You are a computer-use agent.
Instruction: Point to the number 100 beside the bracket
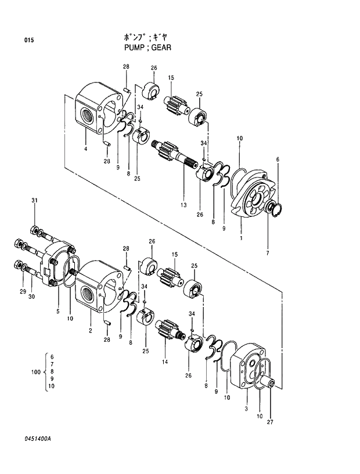tap(35, 371)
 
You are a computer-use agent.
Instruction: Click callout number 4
tap(85, 149)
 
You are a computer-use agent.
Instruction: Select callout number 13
tap(183, 205)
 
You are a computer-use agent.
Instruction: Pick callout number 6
tap(278, 159)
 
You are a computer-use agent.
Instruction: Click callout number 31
tap(34, 201)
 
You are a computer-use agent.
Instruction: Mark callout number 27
tap(269, 422)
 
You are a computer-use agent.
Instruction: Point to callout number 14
tap(164, 361)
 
